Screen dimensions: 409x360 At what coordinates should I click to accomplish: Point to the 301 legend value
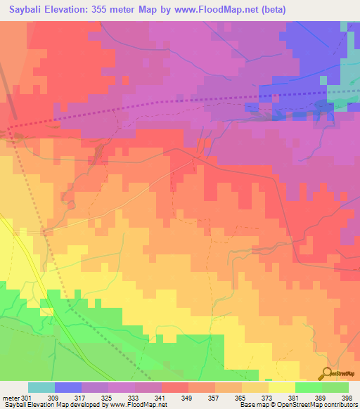(27, 398)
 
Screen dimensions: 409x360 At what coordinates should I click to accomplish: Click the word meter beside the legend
(11, 398)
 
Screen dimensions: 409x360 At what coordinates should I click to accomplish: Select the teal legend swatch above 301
(41, 387)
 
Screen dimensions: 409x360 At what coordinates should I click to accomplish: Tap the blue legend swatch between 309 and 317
(67, 387)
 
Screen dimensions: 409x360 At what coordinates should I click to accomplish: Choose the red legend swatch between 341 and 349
(174, 387)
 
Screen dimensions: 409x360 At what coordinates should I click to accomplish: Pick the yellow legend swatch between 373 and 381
(281, 387)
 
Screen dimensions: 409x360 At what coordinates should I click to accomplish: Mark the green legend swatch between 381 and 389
(308, 387)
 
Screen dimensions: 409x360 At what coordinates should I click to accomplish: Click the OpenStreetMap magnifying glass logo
(327, 375)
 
